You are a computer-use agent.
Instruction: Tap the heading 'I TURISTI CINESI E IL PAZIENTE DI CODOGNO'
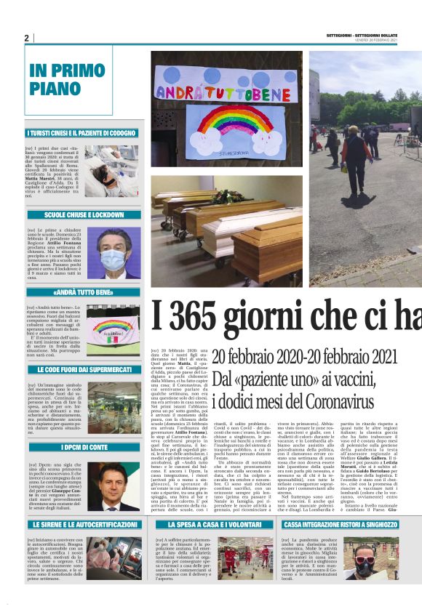[81, 133]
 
